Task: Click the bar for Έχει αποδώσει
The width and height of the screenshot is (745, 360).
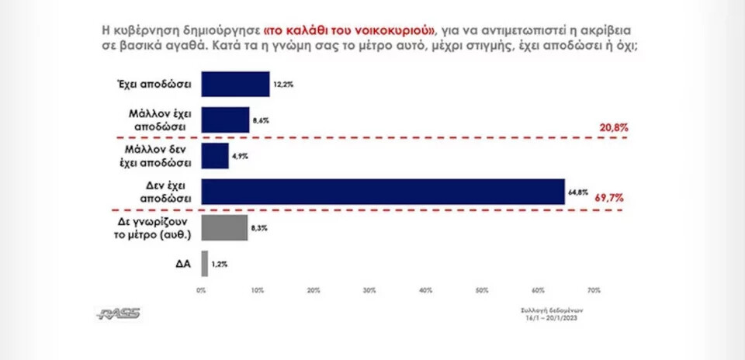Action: point(235,84)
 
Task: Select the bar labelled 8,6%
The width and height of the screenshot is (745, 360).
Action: point(226,119)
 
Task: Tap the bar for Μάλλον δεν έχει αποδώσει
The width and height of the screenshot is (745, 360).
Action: point(215,155)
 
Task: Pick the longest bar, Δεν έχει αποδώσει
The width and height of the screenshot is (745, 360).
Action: point(383,192)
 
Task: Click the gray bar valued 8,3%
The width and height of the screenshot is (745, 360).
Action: point(224,227)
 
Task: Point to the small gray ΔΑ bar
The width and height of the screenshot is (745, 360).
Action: point(204,264)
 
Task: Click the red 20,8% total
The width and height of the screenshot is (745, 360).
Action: point(613,126)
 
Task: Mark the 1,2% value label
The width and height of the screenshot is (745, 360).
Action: point(220,264)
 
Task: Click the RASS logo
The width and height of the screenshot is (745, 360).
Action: point(118,313)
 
